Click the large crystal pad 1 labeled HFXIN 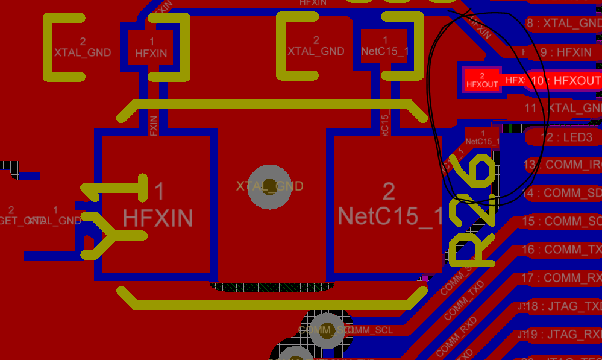click(x=157, y=205)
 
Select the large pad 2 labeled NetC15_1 click(x=388, y=205)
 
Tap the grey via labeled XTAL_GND click(x=270, y=187)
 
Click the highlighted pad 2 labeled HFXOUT click(x=482, y=80)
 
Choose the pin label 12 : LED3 click(x=564, y=137)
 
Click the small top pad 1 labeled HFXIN click(x=151, y=48)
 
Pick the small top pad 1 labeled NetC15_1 click(x=384, y=46)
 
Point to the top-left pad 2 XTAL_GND click(x=83, y=48)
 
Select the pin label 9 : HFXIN click(x=563, y=52)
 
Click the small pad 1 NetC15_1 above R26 click(x=483, y=137)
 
